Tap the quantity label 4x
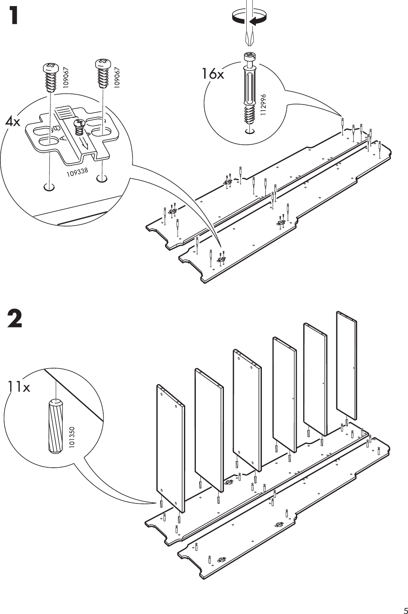click(x=13, y=122)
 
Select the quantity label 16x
click(x=213, y=74)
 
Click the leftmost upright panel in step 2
click(x=170, y=447)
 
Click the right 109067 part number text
click(x=117, y=78)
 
